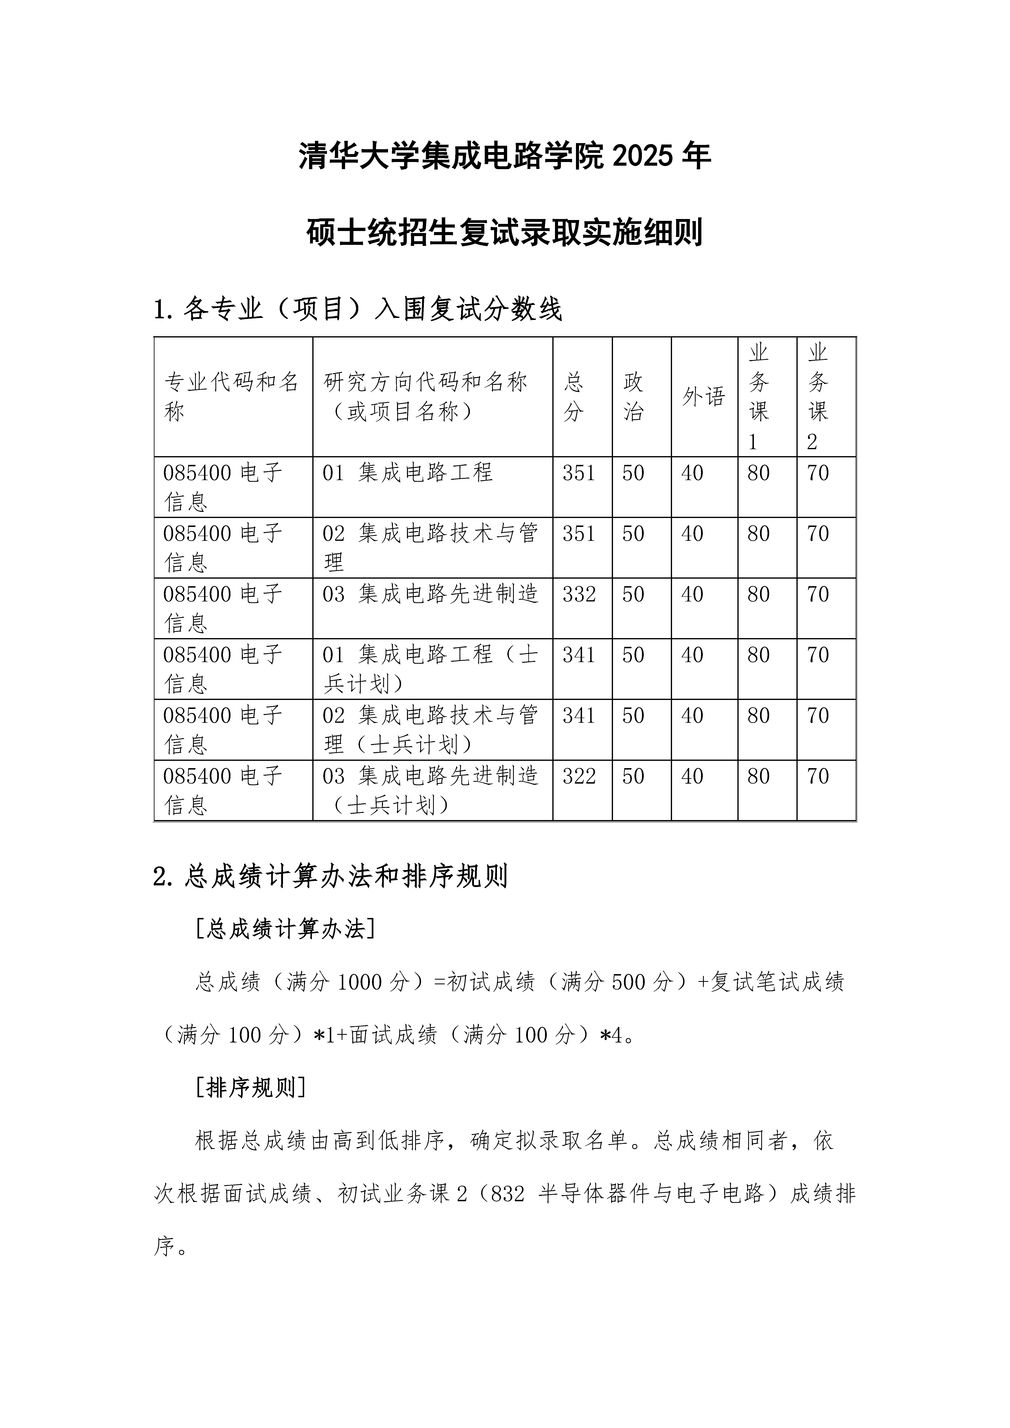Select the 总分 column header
pos(574,397)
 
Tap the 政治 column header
pos(634,397)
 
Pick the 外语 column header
pos(704,397)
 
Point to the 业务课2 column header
pos(818,397)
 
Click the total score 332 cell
pos(579,595)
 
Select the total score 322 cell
pos(579,776)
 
